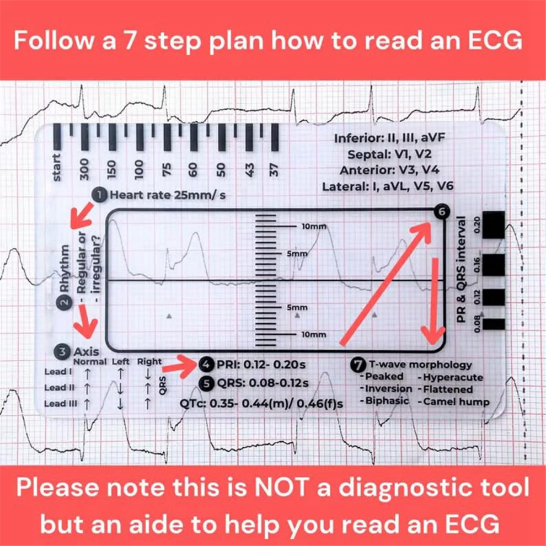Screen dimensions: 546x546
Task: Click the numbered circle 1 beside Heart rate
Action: (x=100, y=194)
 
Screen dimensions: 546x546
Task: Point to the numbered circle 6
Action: (x=441, y=211)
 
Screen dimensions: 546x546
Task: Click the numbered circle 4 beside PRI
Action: (x=207, y=365)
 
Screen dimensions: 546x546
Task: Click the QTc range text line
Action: (x=261, y=403)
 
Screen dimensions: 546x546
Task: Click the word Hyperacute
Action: (x=454, y=377)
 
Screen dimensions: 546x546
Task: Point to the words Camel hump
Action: (x=456, y=402)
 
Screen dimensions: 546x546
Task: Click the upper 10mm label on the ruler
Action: (x=314, y=227)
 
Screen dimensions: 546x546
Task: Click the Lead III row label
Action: (x=61, y=403)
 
